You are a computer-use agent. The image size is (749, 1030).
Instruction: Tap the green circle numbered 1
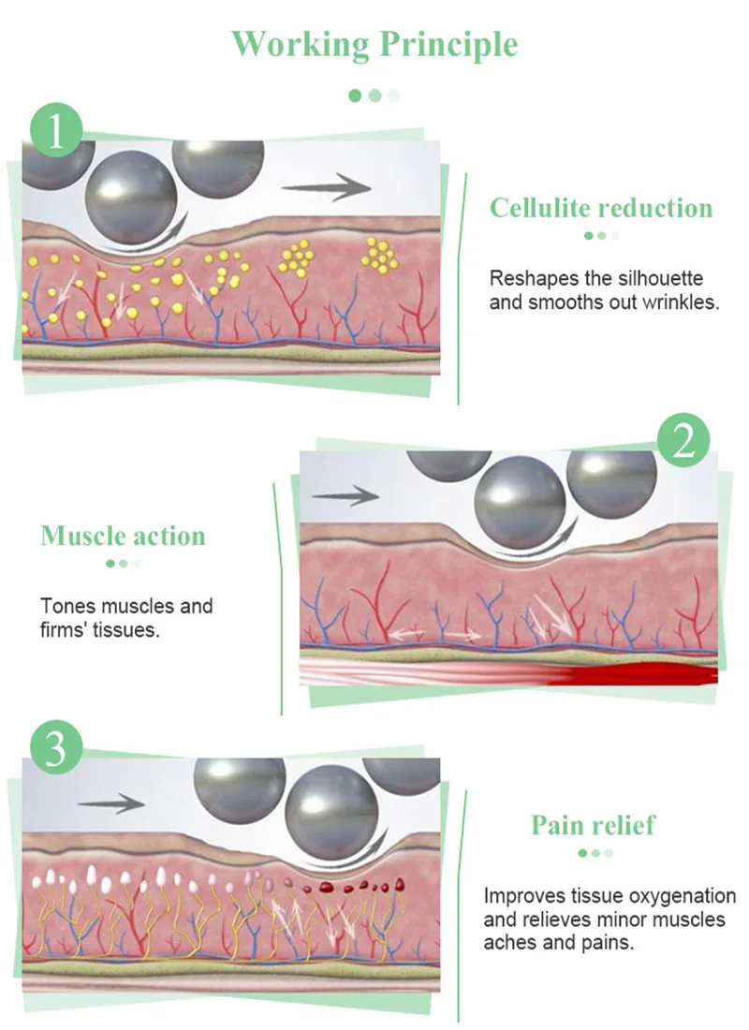[56, 131]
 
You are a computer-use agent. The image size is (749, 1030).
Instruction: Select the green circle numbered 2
[683, 441]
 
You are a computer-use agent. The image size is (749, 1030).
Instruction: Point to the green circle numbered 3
[56, 750]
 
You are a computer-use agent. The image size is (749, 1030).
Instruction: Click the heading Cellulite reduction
[601, 208]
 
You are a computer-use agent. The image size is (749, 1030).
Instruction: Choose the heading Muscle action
[123, 537]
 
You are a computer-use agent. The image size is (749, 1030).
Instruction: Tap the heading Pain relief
[594, 825]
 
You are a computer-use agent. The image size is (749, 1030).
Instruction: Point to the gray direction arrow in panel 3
[110, 803]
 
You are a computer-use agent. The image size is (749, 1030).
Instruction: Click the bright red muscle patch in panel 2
[646, 673]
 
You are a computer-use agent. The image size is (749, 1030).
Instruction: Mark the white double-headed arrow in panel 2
[421, 635]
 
